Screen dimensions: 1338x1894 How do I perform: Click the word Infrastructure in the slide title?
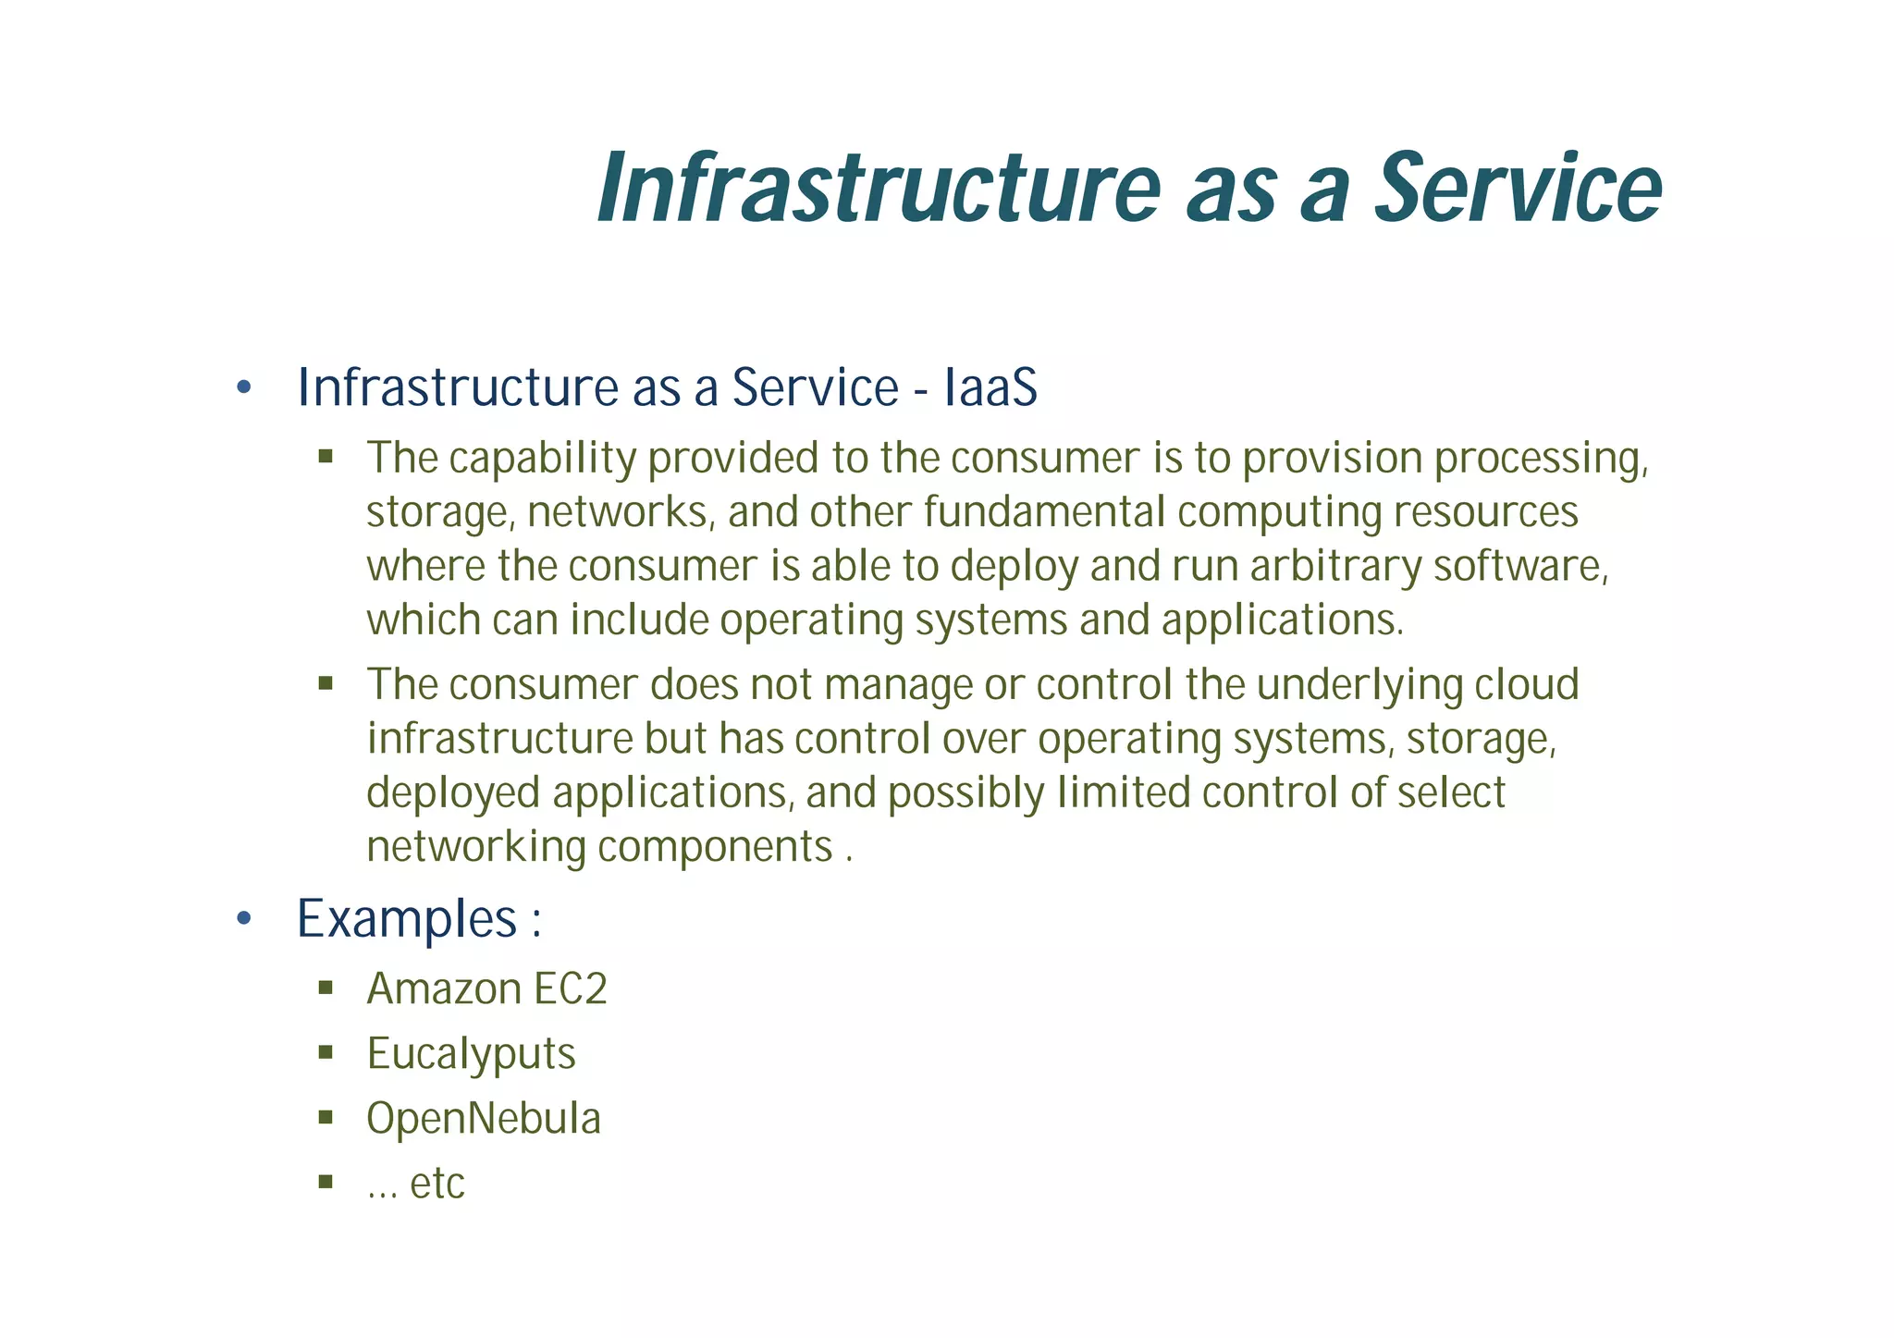click(x=879, y=190)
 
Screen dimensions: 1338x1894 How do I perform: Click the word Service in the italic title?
click(x=1518, y=190)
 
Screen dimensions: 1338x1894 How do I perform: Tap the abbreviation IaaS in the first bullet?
click(x=990, y=387)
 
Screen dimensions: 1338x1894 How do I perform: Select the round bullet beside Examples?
click(x=244, y=919)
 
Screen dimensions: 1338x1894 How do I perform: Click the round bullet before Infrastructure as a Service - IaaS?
click(x=244, y=387)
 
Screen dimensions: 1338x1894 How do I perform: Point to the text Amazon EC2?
click(x=486, y=988)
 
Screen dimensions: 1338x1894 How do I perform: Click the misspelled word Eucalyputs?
click(x=471, y=1053)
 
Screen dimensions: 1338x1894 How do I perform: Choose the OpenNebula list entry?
click(x=484, y=1118)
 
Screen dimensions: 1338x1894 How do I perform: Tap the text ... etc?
click(x=415, y=1184)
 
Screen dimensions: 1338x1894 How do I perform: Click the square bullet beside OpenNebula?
click(x=326, y=1117)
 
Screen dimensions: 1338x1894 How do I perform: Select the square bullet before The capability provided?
click(x=326, y=456)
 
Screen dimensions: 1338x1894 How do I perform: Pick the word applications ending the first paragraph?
click(x=1281, y=620)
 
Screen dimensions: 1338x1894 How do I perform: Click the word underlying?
click(x=1359, y=685)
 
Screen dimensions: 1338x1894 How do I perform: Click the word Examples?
click(x=406, y=919)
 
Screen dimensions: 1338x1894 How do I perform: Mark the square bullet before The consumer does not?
click(x=326, y=683)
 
